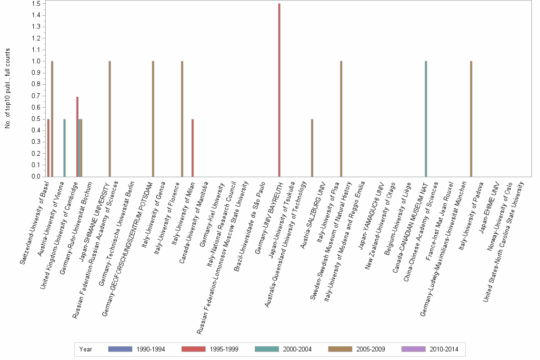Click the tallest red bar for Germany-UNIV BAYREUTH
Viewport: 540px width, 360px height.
279,90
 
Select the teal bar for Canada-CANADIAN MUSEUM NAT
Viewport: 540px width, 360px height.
426,119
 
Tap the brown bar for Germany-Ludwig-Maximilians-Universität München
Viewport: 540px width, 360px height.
471,119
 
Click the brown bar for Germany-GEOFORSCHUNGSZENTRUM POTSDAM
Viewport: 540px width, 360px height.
153,119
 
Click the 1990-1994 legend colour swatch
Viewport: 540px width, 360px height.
120,350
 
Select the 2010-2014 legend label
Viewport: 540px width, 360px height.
443,350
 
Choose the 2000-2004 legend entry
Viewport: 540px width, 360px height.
296,350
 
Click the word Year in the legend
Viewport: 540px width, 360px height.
86,350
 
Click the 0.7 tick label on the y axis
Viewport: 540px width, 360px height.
36,96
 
